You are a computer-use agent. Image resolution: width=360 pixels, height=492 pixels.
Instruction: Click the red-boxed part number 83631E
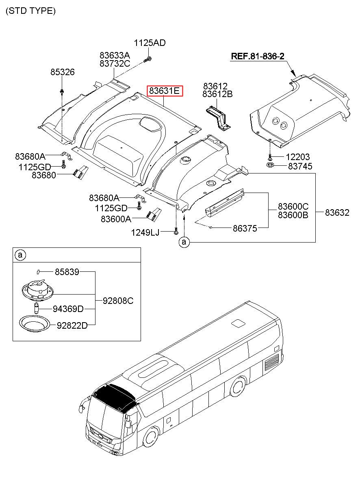[165, 91]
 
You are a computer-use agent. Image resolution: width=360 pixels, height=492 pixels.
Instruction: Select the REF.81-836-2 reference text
[258, 56]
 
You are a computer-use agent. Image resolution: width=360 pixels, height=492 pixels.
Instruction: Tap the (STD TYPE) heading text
[31, 11]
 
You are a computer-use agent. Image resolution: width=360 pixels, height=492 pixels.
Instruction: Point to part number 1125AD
[150, 43]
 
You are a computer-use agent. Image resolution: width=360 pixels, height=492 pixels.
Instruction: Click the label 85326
[63, 72]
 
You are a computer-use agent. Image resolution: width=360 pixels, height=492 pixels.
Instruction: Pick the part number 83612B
[217, 94]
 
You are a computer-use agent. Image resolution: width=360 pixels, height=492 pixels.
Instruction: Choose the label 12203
[297, 157]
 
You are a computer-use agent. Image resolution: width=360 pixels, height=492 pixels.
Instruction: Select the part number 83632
[337, 212]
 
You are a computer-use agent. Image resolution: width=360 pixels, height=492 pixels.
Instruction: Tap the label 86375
[245, 228]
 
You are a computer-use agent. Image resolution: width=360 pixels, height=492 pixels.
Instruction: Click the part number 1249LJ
[145, 232]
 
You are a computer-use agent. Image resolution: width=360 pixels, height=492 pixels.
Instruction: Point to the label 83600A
[116, 219]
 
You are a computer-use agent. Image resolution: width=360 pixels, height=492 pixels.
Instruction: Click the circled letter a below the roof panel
[184, 242]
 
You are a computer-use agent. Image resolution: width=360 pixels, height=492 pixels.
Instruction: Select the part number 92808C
[118, 301]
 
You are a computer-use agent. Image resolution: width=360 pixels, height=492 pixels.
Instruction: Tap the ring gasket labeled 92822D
[35, 324]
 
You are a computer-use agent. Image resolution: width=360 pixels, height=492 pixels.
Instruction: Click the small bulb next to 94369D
[36, 308]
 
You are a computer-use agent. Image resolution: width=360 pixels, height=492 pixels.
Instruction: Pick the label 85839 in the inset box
[67, 272]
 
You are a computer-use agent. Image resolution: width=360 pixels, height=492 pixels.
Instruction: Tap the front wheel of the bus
[151, 444]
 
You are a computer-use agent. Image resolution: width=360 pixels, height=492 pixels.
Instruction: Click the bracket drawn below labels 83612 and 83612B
[218, 118]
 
